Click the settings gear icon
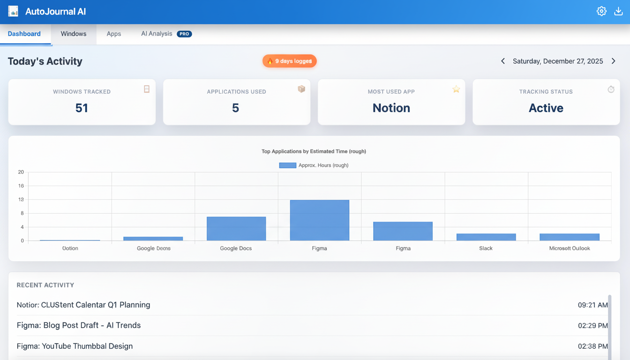pyautogui.click(x=601, y=11)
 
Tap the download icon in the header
pyautogui.click(x=618, y=11)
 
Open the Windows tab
pyautogui.click(x=74, y=34)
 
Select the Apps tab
pyautogui.click(x=114, y=34)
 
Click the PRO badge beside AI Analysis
pyautogui.click(x=184, y=34)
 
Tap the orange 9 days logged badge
pyautogui.click(x=289, y=61)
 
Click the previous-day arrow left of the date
pyautogui.click(x=503, y=61)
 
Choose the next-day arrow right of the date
pyautogui.click(x=614, y=61)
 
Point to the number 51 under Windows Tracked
pyautogui.click(x=82, y=108)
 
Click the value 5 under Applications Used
pyautogui.click(x=235, y=108)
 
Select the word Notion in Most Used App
pyautogui.click(x=391, y=108)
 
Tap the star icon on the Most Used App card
pyautogui.click(x=456, y=89)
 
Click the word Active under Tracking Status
pyautogui.click(x=546, y=108)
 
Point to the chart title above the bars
pyautogui.click(x=314, y=151)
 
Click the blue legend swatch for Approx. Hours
pyautogui.click(x=287, y=165)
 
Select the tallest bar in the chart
pyautogui.click(x=319, y=220)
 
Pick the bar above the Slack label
pyautogui.click(x=486, y=237)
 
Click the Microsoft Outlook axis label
pyautogui.click(x=570, y=248)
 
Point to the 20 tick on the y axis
pyautogui.click(x=21, y=172)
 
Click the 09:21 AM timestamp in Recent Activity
pyautogui.click(x=592, y=305)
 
